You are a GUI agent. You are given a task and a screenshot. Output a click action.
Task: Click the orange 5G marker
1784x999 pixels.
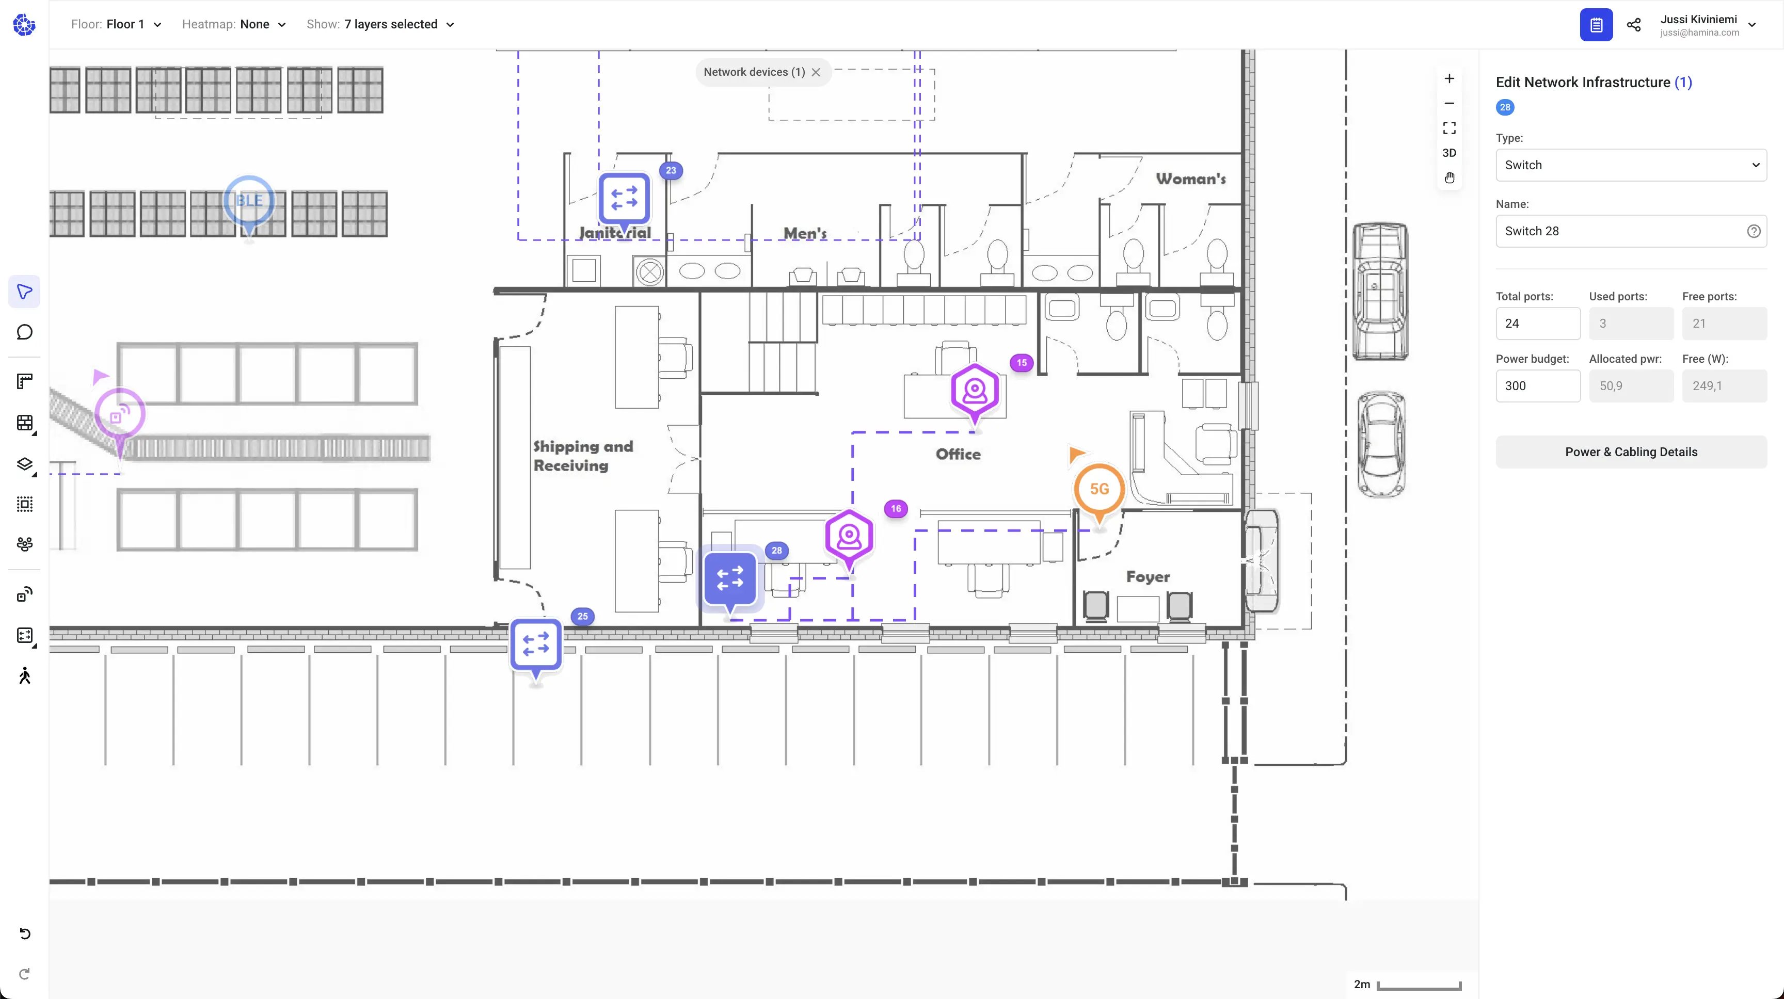click(x=1099, y=489)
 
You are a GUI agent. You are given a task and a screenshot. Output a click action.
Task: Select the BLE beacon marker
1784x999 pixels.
click(x=249, y=201)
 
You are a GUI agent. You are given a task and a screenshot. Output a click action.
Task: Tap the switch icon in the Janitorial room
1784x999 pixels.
click(x=624, y=198)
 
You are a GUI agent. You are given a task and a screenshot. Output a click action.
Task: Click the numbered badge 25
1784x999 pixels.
click(x=582, y=616)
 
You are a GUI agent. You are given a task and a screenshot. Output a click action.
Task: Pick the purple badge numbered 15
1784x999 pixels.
click(x=1022, y=363)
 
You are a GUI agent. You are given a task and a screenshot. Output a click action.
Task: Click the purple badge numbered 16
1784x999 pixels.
click(x=896, y=509)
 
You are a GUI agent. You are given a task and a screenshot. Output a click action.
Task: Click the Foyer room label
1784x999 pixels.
click(x=1148, y=577)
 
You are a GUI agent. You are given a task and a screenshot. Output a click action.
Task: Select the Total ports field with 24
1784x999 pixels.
click(x=1537, y=324)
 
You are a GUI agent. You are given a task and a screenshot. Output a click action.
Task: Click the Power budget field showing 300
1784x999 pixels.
click(x=1537, y=385)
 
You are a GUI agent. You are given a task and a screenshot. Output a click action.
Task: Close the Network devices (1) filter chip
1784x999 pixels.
click(x=816, y=72)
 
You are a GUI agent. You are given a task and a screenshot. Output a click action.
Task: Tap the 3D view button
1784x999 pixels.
click(x=1449, y=153)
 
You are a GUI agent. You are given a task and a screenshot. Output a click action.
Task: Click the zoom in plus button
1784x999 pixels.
click(x=1449, y=78)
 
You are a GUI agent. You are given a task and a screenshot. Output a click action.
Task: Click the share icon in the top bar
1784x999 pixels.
click(x=1633, y=25)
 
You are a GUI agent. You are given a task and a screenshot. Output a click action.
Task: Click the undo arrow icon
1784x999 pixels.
click(x=25, y=933)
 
